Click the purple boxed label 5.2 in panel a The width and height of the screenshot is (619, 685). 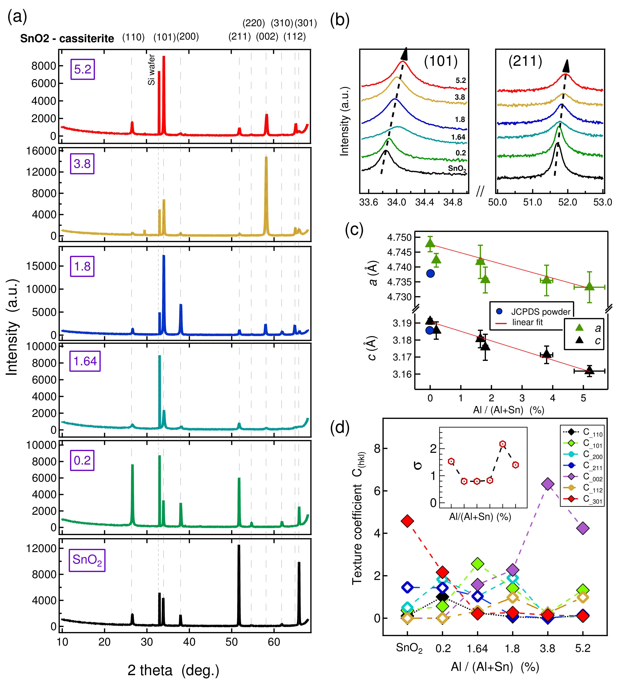pos(82,69)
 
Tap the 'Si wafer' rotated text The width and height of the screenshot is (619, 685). pos(151,70)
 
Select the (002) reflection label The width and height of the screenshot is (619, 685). pos(267,37)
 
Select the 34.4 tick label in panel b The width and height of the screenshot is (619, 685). pos(424,202)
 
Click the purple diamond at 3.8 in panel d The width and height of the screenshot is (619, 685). pos(547,484)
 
